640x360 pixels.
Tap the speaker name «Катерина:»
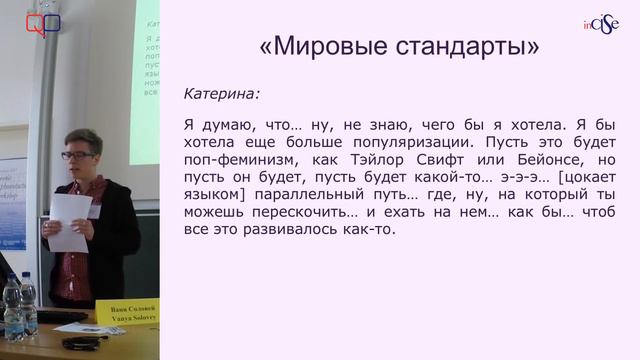(x=221, y=94)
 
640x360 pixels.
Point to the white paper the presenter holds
(x=70, y=218)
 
